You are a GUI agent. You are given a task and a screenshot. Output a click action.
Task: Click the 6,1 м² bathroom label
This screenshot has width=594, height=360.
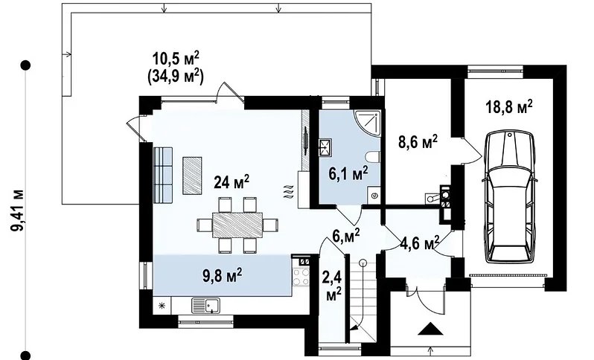[348, 173]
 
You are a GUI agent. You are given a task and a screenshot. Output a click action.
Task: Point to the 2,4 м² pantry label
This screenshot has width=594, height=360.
[332, 286]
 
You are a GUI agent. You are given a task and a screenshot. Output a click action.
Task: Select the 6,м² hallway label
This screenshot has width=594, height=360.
[345, 237]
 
